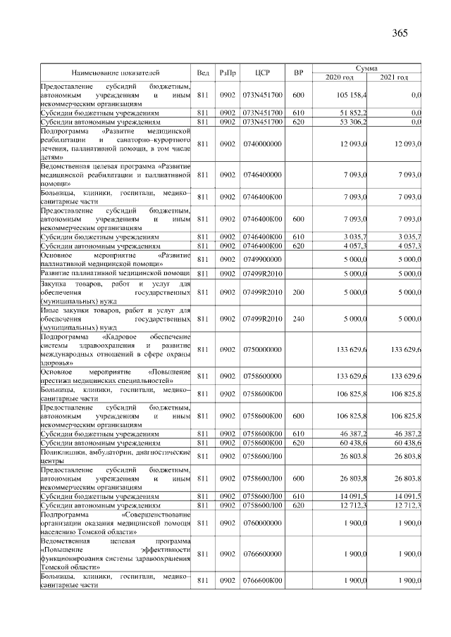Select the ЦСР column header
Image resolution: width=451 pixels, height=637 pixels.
pyautogui.click(x=262, y=72)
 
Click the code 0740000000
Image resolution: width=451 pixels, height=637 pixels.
pyautogui.click(x=262, y=144)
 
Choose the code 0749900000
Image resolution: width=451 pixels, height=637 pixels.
pyautogui.click(x=262, y=260)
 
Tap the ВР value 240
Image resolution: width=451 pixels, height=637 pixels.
pyautogui.click(x=298, y=319)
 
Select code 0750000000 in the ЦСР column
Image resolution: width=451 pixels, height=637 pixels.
pyautogui.click(x=262, y=349)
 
